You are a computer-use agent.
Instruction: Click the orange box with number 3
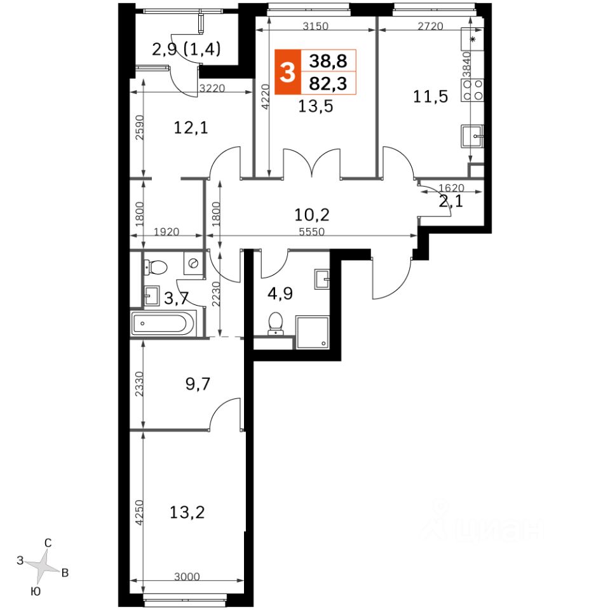(287, 72)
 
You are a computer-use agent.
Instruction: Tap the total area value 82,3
(328, 83)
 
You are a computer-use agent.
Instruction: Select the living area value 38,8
(328, 61)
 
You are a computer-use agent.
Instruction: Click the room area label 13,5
(316, 106)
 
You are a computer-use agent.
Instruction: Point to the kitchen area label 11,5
(430, 97)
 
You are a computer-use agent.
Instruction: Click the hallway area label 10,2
(311, 214)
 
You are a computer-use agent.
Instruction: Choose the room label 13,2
(187, 512)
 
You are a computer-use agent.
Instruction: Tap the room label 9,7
(198, 384)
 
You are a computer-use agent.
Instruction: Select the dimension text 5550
(311, 232)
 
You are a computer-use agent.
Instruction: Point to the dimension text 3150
(316, 26)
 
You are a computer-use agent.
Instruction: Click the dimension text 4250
(139, 513)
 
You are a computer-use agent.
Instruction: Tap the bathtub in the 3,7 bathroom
(163, 323)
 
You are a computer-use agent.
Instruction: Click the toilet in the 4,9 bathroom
(276, 323)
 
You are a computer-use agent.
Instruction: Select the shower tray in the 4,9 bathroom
(313, 332)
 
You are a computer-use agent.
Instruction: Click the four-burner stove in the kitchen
(472, 90)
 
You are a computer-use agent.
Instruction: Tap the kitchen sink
(472, 136)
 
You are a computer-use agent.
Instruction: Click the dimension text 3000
(187, 576)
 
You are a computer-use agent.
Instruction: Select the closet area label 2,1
(451, 201)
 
